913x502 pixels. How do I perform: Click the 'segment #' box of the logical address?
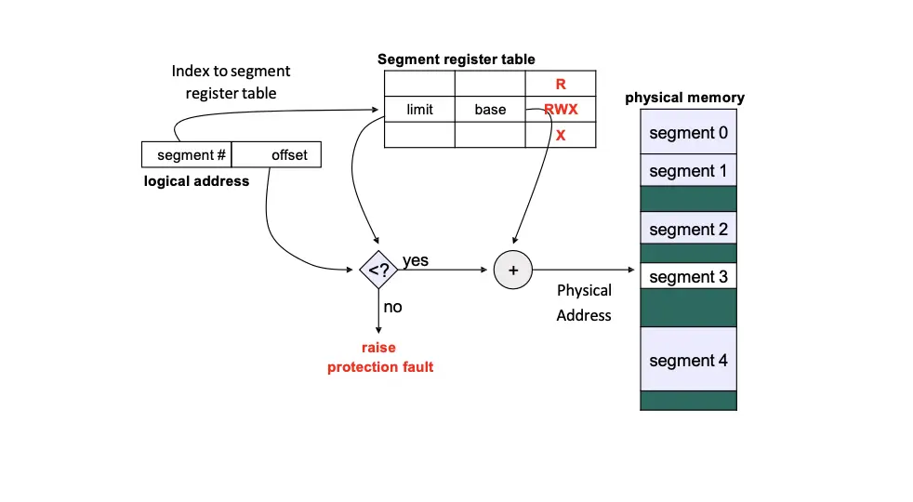click(186, 154)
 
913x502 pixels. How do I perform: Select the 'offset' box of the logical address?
click(277, 154)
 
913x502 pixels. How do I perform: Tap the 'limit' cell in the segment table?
click(419, 110)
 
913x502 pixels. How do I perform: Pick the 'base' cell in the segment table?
click(490, 110)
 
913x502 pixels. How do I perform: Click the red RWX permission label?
click(562, 110)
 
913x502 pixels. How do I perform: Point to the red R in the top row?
click(561, 85)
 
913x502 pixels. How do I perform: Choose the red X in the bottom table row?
click(561, 135)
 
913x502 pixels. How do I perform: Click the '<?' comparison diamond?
click(378, 271)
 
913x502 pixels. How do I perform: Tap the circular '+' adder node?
click(512, 271)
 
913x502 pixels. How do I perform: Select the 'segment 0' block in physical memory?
click(688, 133)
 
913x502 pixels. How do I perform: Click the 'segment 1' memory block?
click(688, 171)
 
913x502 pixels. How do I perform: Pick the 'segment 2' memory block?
click(688, 229)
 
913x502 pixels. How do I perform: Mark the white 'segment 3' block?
click(688, 277)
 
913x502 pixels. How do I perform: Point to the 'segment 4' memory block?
click(688, 360)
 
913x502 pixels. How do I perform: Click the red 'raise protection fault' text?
click(379, 357)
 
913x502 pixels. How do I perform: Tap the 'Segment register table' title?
click(456, 59)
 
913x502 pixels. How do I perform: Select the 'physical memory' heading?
click(684, 98)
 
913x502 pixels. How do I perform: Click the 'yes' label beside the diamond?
click(416, 260)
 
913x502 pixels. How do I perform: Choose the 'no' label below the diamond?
click(393, 306)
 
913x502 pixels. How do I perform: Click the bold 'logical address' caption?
click(196, 181)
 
